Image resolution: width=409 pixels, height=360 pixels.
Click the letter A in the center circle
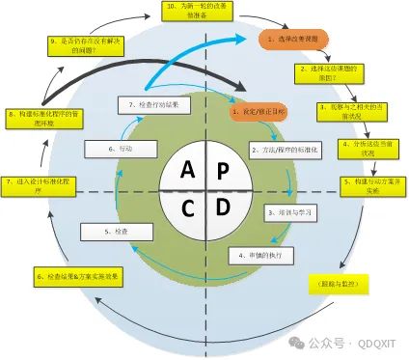186,170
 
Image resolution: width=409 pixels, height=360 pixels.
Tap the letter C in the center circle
186,207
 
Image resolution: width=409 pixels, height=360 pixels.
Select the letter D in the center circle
223,207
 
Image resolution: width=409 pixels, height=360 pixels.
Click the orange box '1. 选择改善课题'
294,40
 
